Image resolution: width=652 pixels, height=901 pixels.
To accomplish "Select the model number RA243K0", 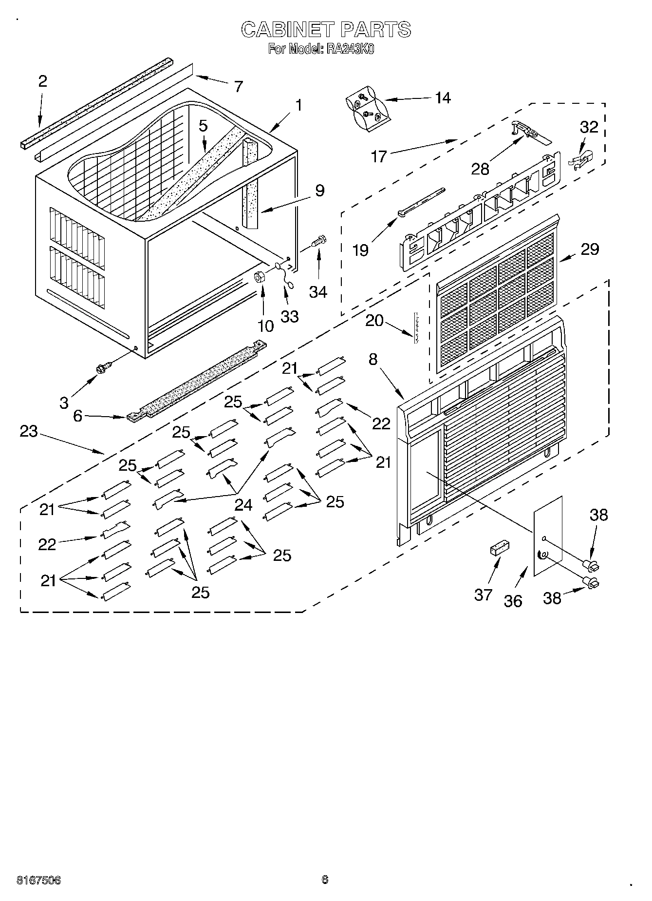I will [x=350, y=49].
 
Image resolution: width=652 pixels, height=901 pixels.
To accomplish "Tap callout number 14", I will [x=443, y=98].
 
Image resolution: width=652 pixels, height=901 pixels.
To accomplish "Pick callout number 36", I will [x=513, y=601].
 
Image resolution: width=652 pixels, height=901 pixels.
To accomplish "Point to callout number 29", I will [x=590, y=249].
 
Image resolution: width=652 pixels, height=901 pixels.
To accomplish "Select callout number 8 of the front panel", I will [x=373, y=360].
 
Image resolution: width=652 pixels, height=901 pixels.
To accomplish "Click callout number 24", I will [x=243, y=505].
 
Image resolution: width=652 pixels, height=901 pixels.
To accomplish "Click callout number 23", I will [x=29, y=431].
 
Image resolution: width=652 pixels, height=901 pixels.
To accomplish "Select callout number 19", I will [x=360, y=250].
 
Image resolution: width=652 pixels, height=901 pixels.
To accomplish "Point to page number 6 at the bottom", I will [x=325, y=879].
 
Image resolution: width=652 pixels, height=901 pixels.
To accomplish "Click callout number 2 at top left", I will [x=42, y=81].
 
